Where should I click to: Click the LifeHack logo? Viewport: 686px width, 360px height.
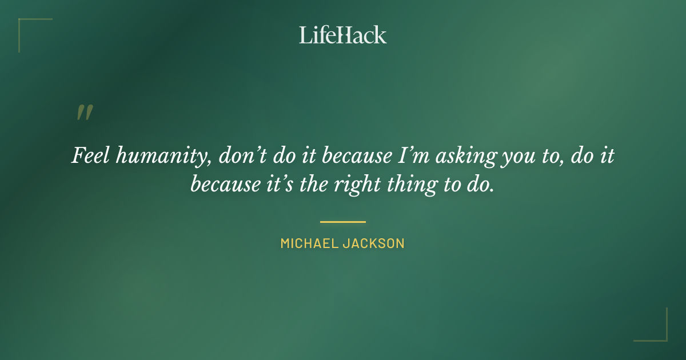(343, 35)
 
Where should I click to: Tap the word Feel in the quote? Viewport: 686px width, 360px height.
(89, 155)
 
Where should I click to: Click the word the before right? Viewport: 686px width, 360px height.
(311, 185)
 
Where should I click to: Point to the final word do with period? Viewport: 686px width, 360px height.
(478, 185)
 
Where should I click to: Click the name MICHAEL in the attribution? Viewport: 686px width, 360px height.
(308, 243)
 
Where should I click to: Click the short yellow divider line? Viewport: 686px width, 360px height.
(342, 222)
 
